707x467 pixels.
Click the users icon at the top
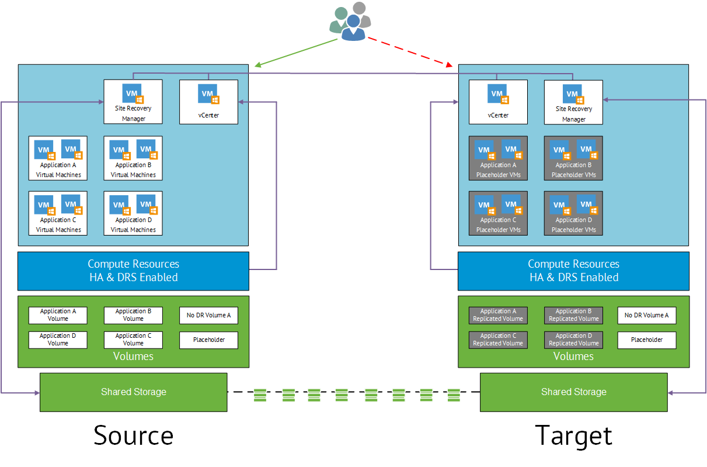tap(350, 22)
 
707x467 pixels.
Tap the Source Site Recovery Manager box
tap(133, 102)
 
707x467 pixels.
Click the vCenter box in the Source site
tap(208, 102)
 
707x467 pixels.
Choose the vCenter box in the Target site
tap(498, 102)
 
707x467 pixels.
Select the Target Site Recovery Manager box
tap(573, 102)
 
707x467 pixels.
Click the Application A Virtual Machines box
tap(58, 158)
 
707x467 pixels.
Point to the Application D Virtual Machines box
tap(133, 213)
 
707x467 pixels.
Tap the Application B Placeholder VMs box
tap(573, 158)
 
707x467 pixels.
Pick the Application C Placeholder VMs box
tap(498, 213)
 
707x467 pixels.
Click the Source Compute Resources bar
tap(133, 271)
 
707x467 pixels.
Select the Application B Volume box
tap(133, 315)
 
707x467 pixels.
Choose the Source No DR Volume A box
tap(208, 315)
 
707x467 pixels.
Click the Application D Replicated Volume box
tap(573, 340)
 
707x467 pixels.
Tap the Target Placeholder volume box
tap(647, 340)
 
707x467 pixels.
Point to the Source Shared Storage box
tap(133, 392)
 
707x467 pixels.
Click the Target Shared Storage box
tap(573, 392)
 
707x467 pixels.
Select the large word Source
tap(133, 436)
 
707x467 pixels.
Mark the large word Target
tap(573, 436)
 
